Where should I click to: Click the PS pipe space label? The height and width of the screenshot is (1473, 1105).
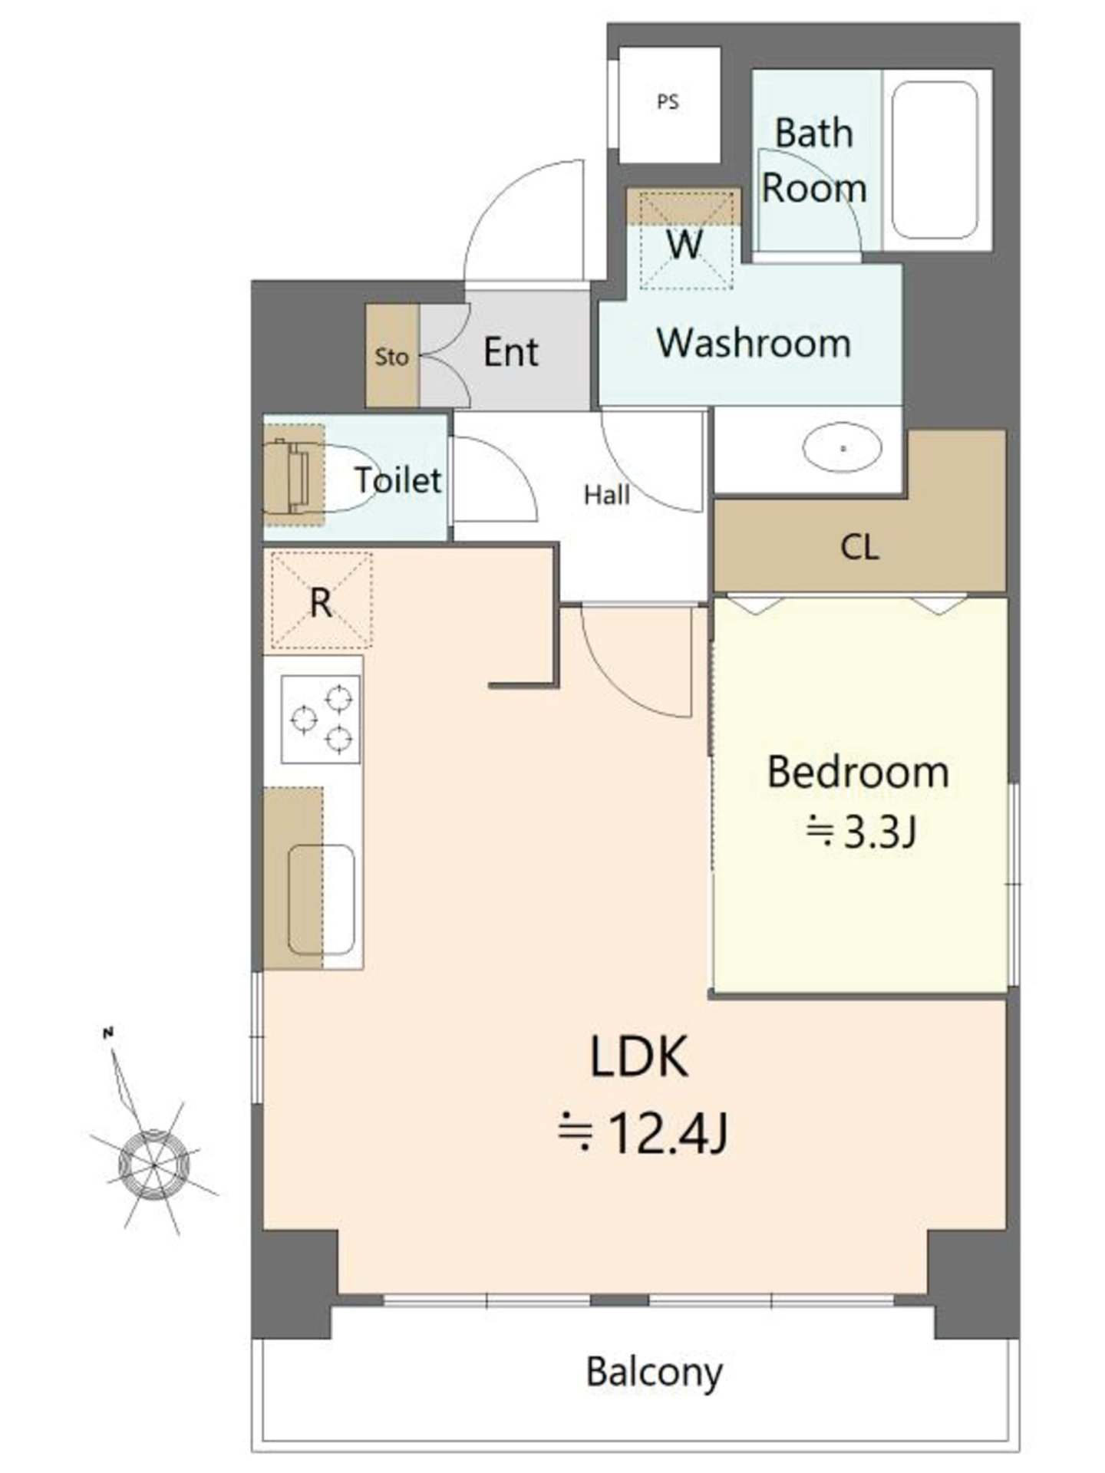pos(668,101)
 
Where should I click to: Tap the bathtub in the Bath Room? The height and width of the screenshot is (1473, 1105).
pos(935,160)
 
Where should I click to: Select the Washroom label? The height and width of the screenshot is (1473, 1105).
pos(754,343)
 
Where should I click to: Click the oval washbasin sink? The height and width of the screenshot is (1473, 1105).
pos(843,447)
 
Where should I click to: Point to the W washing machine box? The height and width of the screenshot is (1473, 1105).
pos(684,239)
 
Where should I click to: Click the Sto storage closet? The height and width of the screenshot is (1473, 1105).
pos(391,356)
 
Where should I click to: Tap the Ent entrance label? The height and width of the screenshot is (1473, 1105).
pos(511,352)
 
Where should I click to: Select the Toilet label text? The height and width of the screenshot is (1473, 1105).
pos(397,480)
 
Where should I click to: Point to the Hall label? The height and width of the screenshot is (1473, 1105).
pos(607,495)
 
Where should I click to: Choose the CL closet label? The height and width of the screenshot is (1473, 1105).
pos(859,547)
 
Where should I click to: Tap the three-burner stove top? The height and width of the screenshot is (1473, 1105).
pos(321,719)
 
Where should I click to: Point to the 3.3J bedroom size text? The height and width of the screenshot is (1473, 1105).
pos(860,832)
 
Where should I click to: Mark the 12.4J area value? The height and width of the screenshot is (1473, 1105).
pos(642,1133)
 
